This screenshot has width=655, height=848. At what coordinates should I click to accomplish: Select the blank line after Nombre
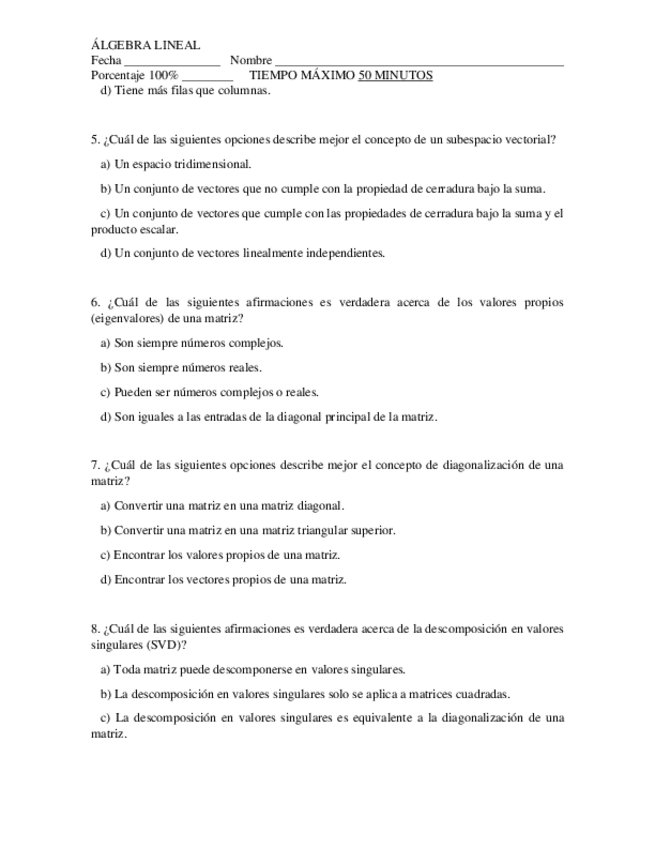click(x=419, y=62)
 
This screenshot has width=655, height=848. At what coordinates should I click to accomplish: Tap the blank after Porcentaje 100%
click(x=208, y=77)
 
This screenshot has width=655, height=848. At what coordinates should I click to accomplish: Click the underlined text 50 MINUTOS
click(x=395, y=75)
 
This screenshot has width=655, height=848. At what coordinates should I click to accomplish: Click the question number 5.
click(x=93, y=140)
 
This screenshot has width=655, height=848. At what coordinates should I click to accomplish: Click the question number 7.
click(x=93, y=465)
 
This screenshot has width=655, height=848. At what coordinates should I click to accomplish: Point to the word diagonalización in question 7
click(x=476, y=465)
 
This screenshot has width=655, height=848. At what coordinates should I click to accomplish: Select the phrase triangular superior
click(x=343, y=530)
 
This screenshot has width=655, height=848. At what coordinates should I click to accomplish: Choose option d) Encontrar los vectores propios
click(x=223, y=579)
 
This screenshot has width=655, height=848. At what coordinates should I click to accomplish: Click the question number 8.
click(x=93, y=628)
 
